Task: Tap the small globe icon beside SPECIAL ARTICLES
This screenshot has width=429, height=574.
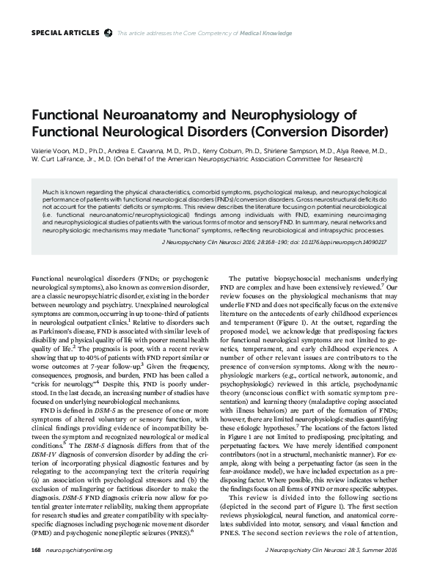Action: click(109, 33)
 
